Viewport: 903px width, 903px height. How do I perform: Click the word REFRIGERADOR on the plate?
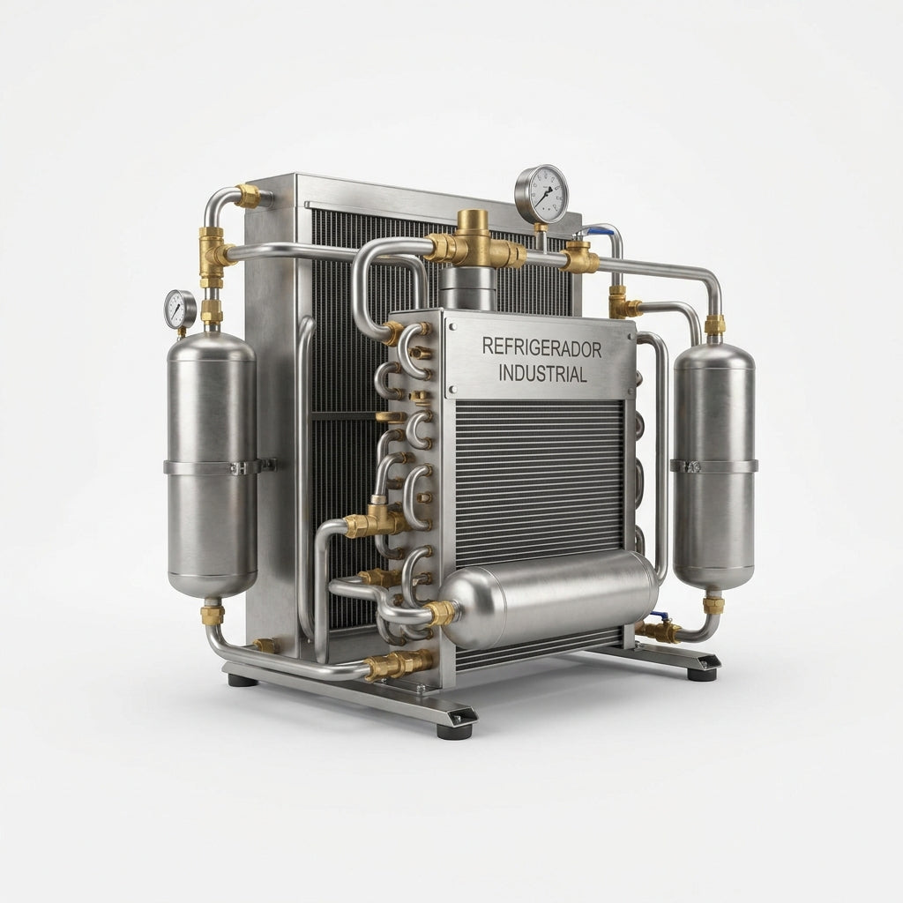541,347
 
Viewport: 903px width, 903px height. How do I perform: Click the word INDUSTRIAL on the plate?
542,374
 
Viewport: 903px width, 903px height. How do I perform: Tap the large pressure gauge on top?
541,194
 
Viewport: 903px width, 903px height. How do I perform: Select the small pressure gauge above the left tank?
181,310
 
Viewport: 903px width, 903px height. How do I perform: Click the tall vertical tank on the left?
212,464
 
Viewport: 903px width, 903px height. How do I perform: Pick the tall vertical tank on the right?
714,466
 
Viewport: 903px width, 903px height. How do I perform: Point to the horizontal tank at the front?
550,599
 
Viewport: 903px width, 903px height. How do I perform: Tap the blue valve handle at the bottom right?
659,616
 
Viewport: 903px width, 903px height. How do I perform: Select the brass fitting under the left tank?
212,614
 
